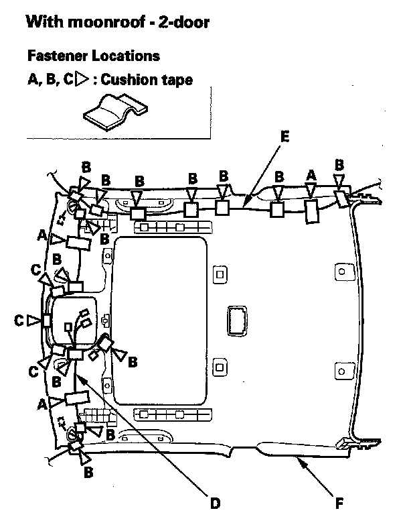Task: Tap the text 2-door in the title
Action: click(x=181, y=23)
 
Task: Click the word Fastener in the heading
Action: click(x=56, y=55)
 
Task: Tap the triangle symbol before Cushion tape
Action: click(x=82, y=80)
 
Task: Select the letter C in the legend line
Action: click(x=67, y=80)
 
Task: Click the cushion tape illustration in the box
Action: click(x=112, y=111)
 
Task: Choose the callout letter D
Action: click(x=214, y=502)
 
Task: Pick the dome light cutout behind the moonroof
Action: click(x=237, y=319)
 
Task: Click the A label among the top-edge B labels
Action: click(x=310, y=174)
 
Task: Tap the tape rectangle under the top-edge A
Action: click(x=311, y=211)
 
